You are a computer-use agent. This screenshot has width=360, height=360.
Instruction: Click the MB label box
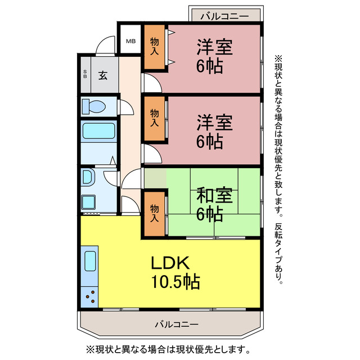[130, 40]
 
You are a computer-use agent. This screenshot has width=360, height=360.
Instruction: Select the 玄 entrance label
[103, 74]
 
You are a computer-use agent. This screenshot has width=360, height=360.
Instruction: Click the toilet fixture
[93, 106]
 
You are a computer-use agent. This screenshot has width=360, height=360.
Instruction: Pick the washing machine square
[89, 201]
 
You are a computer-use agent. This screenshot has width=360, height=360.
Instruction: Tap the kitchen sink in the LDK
[90, 261]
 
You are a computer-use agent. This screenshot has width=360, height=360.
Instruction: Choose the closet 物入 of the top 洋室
[154, 47]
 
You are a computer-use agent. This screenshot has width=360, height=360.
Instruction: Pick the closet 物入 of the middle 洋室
[154, 118]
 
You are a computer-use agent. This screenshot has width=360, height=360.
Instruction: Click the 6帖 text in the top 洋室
[209, 66]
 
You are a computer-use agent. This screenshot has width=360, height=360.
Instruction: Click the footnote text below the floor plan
[167, 349]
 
